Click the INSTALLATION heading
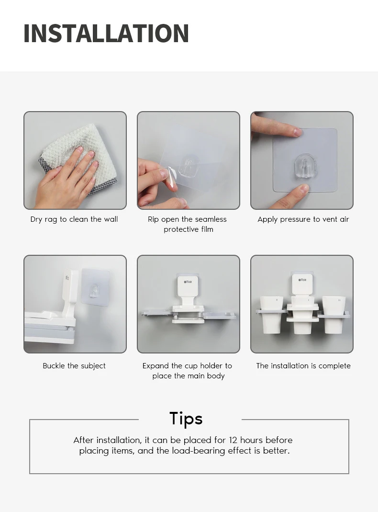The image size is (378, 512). (x=106, y=34)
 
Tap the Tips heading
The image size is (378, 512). (x=186, y=418)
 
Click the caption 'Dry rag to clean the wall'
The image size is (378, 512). (x=74, y=219)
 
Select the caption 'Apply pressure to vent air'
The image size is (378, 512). (x=303, y=219)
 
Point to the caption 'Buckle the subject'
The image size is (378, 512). (x=74, y=366)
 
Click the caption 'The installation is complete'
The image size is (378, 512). (x=303, y=366)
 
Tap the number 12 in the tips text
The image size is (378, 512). (x=233, y=440)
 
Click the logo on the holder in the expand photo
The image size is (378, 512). (x=188, y=282)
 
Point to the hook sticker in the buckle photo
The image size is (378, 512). (x=95, y=287)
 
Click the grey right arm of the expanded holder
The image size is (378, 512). (x=219, y=315)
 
